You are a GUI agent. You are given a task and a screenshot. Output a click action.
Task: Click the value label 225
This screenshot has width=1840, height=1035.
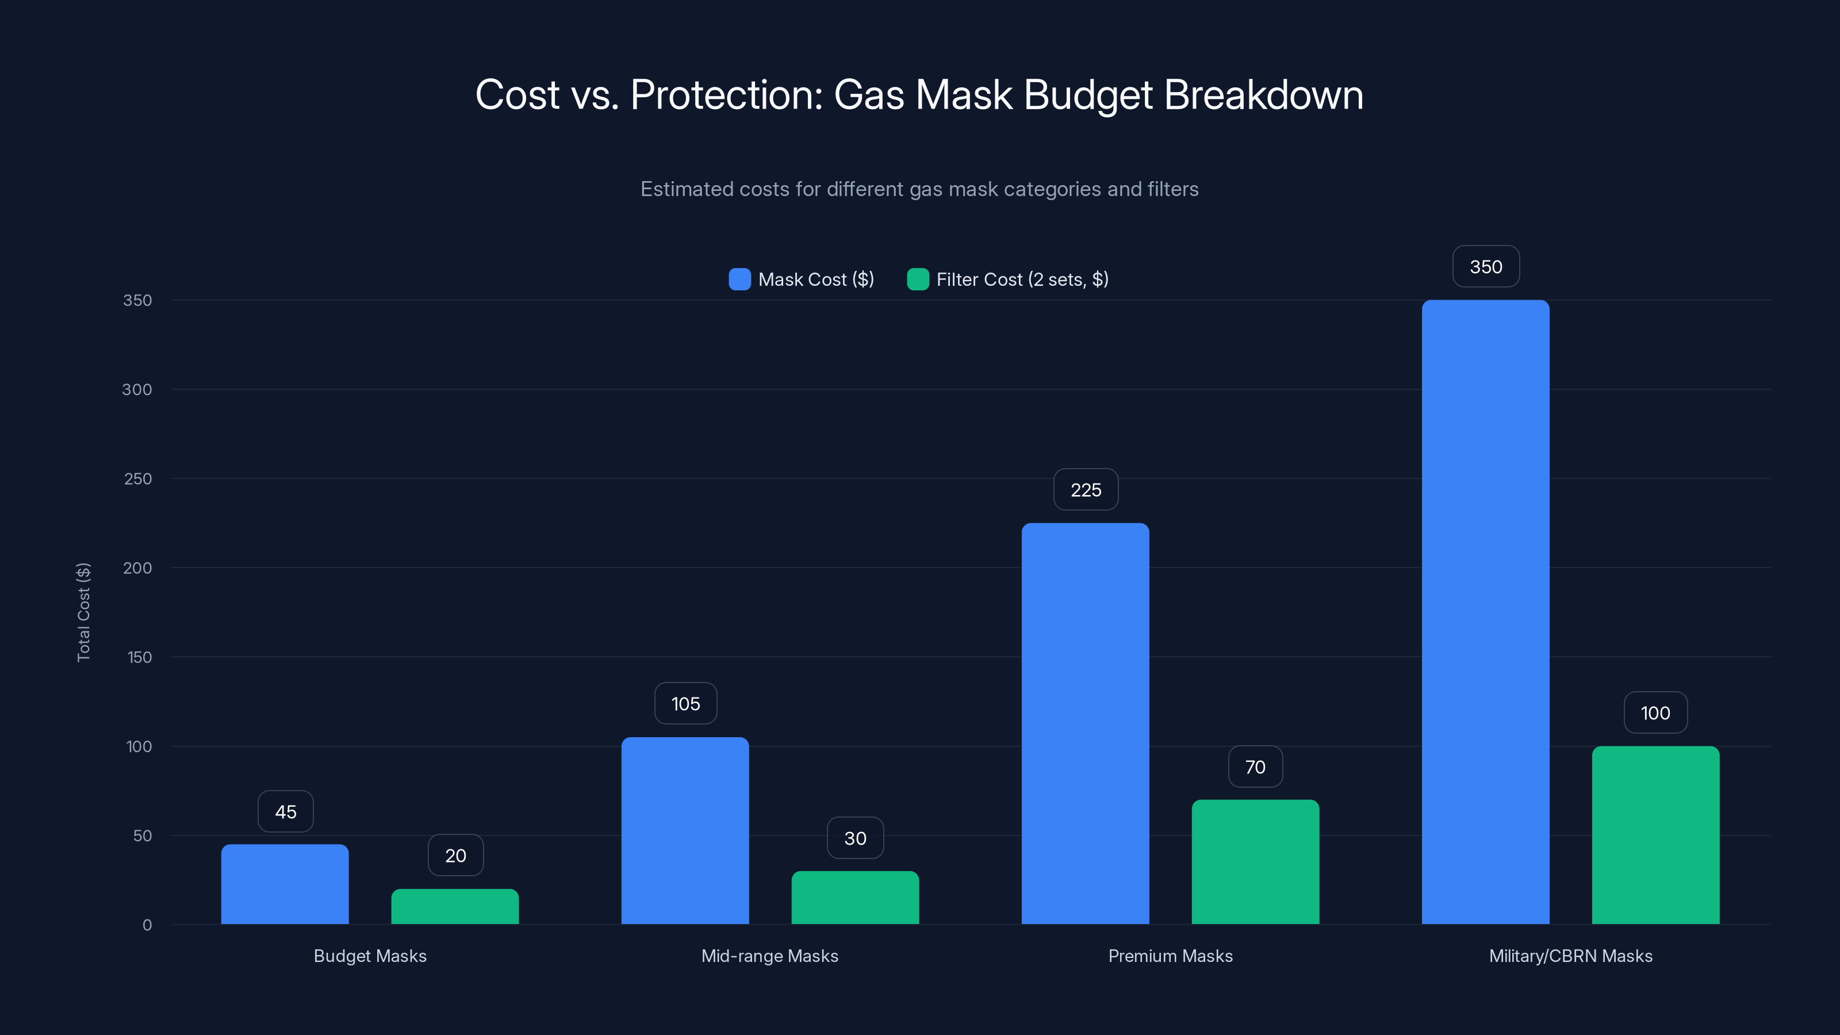[x=1086, y=490]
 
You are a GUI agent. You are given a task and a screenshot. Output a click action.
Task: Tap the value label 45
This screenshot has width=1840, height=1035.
[x=286, y=811]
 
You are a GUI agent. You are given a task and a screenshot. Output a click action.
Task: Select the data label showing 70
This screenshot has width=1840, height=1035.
[x=1255, y=767]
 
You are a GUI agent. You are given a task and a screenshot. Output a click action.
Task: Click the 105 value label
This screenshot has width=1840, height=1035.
[x=686, y=704]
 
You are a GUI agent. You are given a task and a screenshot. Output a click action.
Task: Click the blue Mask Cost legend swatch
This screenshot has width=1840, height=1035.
[x=739, y=279]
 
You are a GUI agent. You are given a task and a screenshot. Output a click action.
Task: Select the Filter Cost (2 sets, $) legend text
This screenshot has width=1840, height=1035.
[x=1022, y=279]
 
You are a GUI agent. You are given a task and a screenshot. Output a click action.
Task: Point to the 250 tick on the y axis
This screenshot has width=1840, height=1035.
[x=138, y=478]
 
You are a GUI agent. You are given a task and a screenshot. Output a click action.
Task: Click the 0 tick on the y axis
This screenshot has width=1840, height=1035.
[x=147, y=925]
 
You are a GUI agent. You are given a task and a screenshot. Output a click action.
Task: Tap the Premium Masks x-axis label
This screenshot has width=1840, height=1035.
[x=1170, y=956]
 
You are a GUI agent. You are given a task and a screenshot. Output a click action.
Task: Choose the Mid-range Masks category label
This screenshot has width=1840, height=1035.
[x=769, y=956]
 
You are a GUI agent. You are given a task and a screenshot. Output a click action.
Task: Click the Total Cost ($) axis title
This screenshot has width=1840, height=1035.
[x=83, y=612]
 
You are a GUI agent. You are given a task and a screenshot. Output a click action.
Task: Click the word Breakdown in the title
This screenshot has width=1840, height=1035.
[x=1264, y=95]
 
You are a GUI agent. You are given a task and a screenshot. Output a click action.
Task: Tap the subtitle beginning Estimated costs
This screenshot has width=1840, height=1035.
[x=919, y=189]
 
